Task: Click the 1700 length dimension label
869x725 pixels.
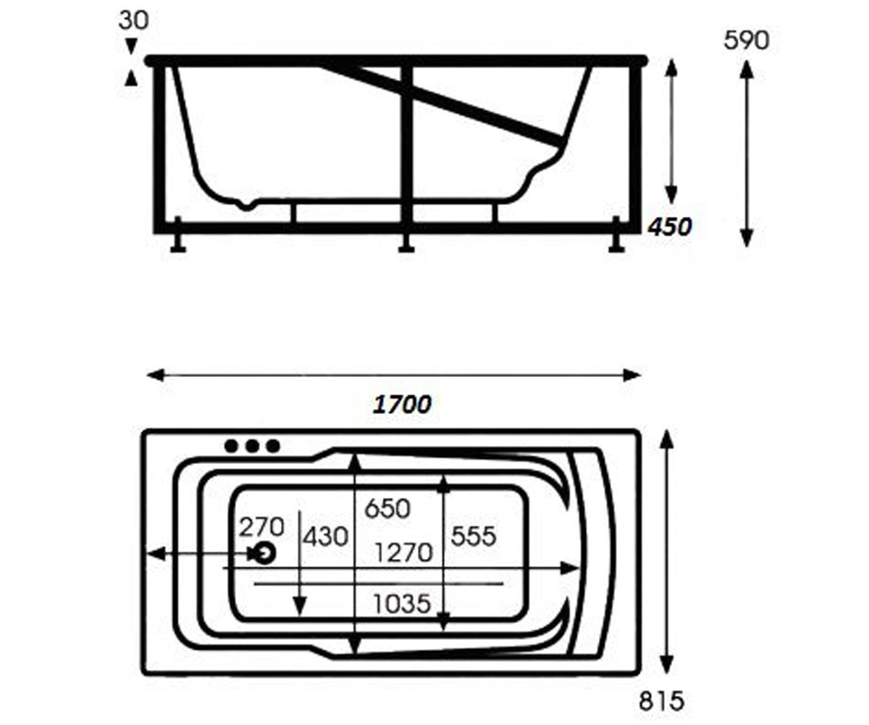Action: tap(402, 405)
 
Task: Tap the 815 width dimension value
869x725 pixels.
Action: tap(661, 701)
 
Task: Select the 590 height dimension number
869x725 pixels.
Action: tap(746, 41)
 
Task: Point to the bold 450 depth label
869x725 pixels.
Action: tap(670, 227)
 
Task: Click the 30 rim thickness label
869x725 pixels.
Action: tap(133, 20)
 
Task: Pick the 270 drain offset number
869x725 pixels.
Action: tap(261, 527)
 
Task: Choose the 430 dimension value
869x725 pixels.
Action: tap(325, 536)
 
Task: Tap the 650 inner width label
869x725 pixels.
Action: tap(387, 509)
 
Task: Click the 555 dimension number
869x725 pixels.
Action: tap(474, 536)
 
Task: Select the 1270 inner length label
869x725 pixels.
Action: tap(403, 553)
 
